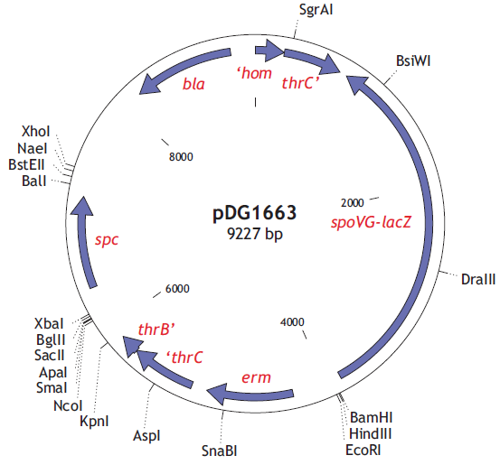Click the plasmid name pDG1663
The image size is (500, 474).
(254, 213)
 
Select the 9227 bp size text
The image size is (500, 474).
(255, 234)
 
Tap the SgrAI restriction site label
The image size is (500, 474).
(316, 10)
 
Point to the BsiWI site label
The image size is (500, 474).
(413, 60)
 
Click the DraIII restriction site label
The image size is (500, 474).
(478, 280)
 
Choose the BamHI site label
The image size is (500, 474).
(371, 417)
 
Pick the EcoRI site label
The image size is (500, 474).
(363, 451)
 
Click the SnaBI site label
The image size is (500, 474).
(220, 451)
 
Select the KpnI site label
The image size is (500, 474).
(94, 421)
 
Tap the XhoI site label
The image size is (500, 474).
(36, 131)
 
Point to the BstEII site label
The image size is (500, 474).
(26, 164)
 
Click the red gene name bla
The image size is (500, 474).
(193, 84)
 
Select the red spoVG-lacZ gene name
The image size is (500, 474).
(371, 222)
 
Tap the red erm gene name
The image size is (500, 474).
(256, 378)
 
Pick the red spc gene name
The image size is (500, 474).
(107, 239)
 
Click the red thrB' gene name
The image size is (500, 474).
(156, 329)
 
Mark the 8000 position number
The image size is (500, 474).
(181, 156)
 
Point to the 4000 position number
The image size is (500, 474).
(292, 321)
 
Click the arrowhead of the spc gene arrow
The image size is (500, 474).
(82, 205)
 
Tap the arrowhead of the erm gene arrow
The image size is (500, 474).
(217, 394)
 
